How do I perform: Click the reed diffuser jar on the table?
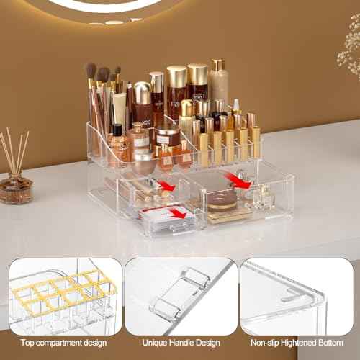(16, 189)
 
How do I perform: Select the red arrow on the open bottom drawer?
(177, 212)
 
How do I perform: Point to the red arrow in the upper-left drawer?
(166, 186)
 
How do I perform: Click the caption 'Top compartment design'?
(63, 342)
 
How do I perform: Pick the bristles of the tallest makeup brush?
(91, 70)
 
